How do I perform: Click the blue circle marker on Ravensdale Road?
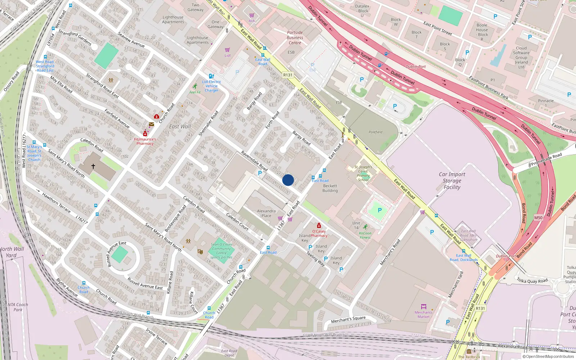click(x=288, y=180)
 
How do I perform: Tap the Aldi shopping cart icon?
click(x=252, y=15)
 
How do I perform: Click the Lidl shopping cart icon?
click(x=228, y=50)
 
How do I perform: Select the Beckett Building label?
click(x=330, y=188)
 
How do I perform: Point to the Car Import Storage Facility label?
click(x=452, y=180)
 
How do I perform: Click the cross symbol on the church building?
click(x=93, y=166)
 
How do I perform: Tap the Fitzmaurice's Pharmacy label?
click(x=145, y=141)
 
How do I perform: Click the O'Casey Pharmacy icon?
click(x=319, y=226)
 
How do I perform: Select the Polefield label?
click(x=375, y=132)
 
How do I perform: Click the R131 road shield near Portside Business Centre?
click(x=288, y=75)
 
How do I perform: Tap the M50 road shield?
click(x=538, y=218)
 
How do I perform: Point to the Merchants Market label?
click(x=423, y=314)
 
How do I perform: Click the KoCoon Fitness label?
click(x=365, y=235)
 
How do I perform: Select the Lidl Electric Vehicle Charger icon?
click(x=211, y=76)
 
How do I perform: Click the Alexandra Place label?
click(x=266, y=213)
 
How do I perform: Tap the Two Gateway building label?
click(x=195, y=8)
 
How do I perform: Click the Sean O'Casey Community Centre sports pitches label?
click(x=221, y=251)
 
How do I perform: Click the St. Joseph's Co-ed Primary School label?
click(x=363, y=173)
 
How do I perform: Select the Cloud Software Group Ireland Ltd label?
click(x=521, y=57)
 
